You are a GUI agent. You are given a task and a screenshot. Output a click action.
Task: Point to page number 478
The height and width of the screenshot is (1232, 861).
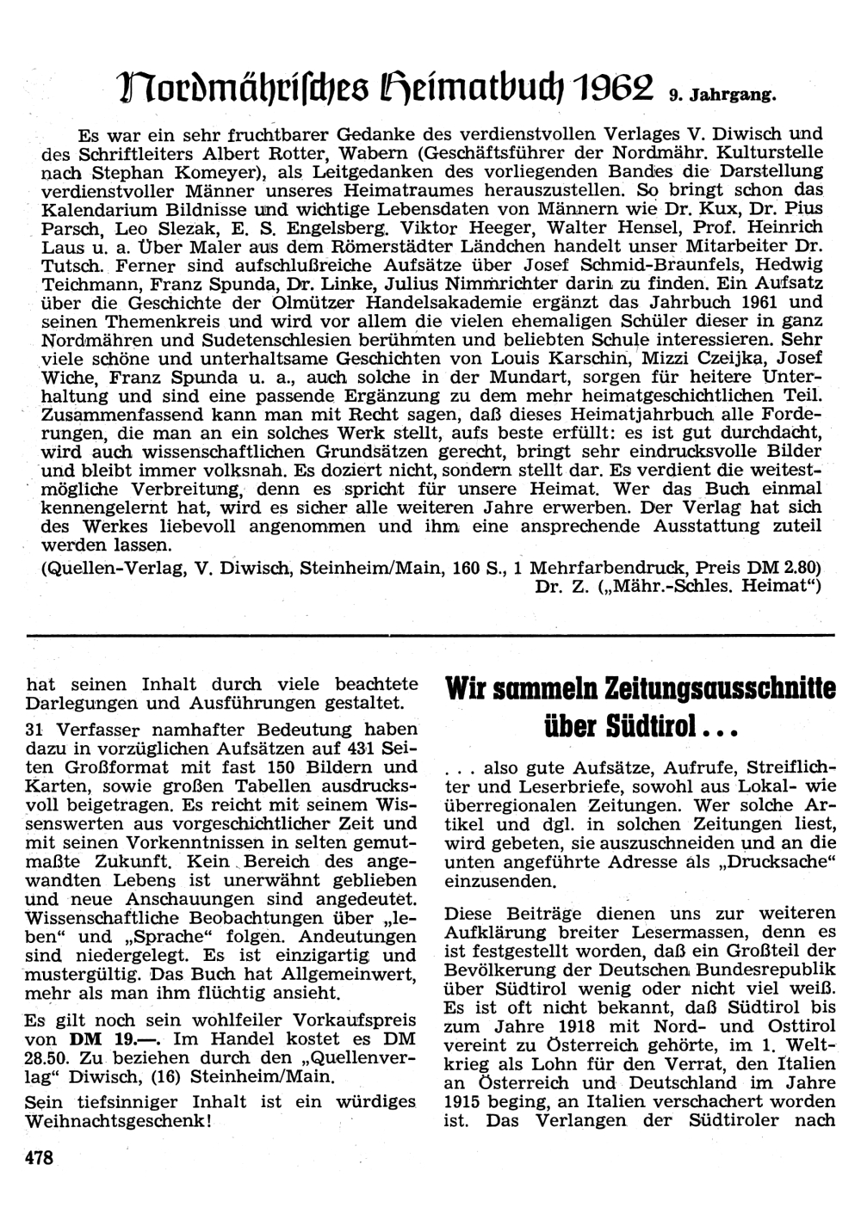pyautogui.click(x=40, y=1159)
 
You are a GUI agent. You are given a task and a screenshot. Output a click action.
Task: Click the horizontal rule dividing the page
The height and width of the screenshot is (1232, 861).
pyautogui.click(x=430, y=636)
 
